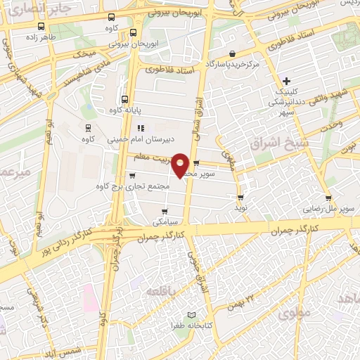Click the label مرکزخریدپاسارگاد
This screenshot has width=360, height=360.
coord(271,64)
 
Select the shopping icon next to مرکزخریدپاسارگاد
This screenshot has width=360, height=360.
coord(232,53)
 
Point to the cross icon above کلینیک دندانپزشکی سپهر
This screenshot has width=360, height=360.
coord(286,82)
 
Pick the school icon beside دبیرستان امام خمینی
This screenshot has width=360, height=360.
coord(140,128)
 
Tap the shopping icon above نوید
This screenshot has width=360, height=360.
coord(241,198)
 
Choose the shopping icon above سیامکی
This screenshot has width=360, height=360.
coord(164,210)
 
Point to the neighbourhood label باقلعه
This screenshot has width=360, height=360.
coord(161,289)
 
